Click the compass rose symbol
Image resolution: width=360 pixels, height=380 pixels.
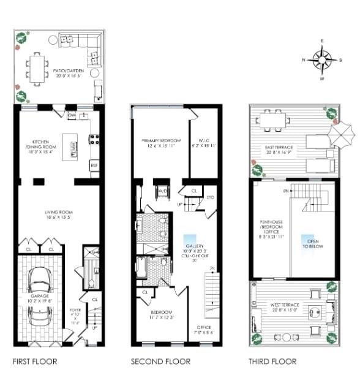(322, 60)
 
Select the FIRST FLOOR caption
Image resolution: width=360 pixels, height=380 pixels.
(35, 362)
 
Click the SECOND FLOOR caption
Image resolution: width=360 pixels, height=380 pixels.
(160, 362)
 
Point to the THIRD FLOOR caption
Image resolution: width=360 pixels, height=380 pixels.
(272, 362)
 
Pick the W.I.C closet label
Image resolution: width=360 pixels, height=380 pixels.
(204, 142)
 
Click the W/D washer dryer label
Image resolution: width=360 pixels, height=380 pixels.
(163, 191)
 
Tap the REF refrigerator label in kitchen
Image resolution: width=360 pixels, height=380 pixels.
(94, 165)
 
